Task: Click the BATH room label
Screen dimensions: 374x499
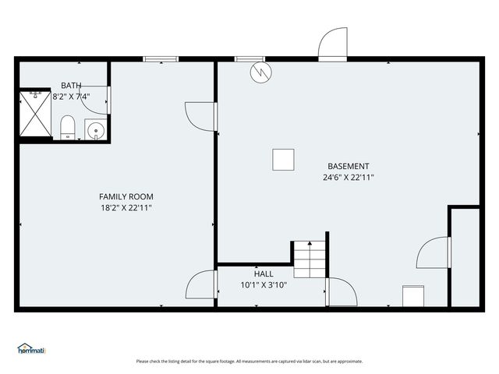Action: pos(72,85)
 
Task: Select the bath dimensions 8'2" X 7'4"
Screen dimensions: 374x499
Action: pos(71,97)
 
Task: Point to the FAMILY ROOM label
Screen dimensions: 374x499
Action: pos(126,196)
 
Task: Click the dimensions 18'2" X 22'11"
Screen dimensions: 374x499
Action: pos(126,208)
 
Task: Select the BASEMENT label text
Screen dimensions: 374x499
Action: pos(348,166)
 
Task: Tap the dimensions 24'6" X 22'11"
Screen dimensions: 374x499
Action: pos(348,178)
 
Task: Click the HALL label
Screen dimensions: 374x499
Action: pos(264,273)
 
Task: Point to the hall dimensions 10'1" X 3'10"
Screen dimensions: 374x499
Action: pos(264,284)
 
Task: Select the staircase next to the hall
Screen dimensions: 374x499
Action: pos(310,260)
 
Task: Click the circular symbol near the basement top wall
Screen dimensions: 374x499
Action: pos(260,73)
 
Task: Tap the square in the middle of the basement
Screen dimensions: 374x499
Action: pos(284,160)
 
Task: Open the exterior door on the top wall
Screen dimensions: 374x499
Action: pos(332,45)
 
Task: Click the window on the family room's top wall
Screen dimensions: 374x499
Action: pos(161,58)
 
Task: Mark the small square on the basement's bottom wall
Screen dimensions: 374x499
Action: pos(412,297)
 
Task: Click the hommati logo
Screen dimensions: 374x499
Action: pos(32,349)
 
